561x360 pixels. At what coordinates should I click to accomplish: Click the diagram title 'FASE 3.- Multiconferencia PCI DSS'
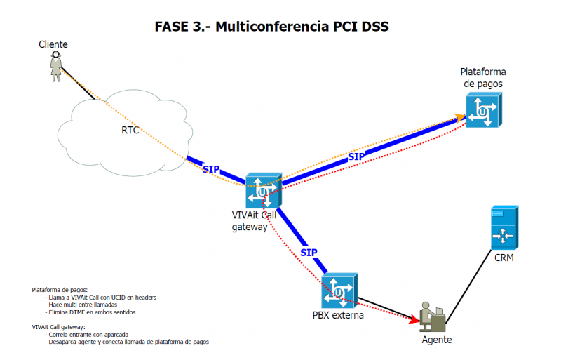coord(271,27)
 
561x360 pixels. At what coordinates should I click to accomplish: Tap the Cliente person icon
coord(55,67)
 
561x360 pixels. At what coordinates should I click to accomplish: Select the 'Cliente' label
coord(53,44)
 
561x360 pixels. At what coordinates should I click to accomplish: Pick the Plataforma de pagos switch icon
coord(483,111)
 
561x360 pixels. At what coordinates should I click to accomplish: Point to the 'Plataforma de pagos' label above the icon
coord(482,78)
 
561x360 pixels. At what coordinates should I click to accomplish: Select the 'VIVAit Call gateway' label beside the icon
coord(254,221)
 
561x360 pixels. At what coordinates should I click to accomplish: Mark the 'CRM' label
coord(504,258)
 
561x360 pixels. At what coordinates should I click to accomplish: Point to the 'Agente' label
coord(436,340)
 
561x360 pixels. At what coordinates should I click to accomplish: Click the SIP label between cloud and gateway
coord(210,169)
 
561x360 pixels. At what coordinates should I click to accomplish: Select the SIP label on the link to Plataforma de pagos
coord(356,156)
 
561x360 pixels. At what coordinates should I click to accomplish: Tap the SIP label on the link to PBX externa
coord(309,252)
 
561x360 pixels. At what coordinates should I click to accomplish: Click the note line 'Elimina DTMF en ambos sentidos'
coord(91,312)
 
